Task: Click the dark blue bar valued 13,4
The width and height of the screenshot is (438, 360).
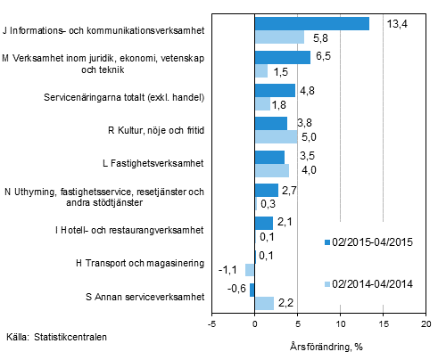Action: [x=312, y=24]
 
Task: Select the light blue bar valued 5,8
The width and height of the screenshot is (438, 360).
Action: [x=279, y=37]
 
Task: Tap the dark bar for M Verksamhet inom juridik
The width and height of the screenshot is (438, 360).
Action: [x=283, y=57]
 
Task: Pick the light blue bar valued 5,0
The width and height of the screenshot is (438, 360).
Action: [x=277, y=136]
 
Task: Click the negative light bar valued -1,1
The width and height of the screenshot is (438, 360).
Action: [x=250, y=269]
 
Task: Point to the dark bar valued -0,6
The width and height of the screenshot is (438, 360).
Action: [x=252, y=290]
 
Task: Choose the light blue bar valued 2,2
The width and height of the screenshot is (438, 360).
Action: [x=264, y=303]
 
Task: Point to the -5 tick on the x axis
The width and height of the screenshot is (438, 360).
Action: [x=212, y=324]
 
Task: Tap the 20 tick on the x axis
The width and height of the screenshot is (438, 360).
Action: [x=426, y=324]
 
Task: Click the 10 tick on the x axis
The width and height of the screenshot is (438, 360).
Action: [x=341, y=324]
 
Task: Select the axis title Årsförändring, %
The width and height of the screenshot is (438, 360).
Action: [x=326, y=344]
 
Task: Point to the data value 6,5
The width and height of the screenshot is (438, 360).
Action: [x=325, y=56]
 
